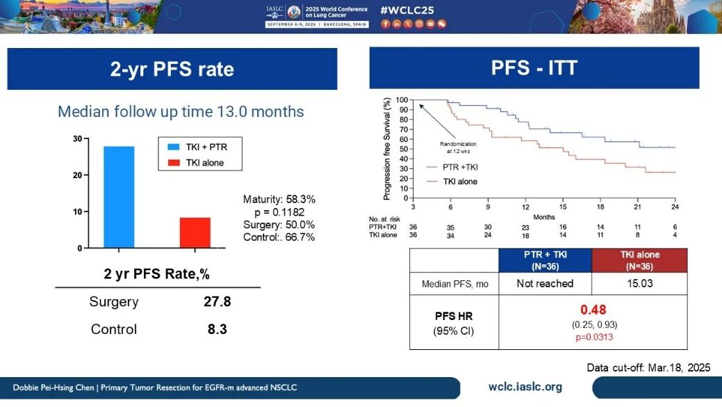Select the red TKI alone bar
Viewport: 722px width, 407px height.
coord(195,232)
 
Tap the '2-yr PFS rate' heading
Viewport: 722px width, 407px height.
coord(172,69)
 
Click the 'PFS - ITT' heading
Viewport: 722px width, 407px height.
coord(534,68)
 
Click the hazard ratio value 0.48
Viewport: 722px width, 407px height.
coord(592,310)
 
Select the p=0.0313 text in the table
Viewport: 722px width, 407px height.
coord(592,336)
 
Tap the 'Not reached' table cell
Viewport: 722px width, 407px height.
coord(545,283)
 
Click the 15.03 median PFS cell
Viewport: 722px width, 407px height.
coord(639,283)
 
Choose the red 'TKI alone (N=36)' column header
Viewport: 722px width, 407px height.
coord(639,260)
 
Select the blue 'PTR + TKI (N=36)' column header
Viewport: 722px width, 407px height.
coord(545,260)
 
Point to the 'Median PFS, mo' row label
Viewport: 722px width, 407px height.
coord(454,283)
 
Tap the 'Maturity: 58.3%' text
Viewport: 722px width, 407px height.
coord(279,200)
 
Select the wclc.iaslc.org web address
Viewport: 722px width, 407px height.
coord(526,387)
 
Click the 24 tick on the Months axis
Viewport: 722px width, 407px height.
coord(674,207)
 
